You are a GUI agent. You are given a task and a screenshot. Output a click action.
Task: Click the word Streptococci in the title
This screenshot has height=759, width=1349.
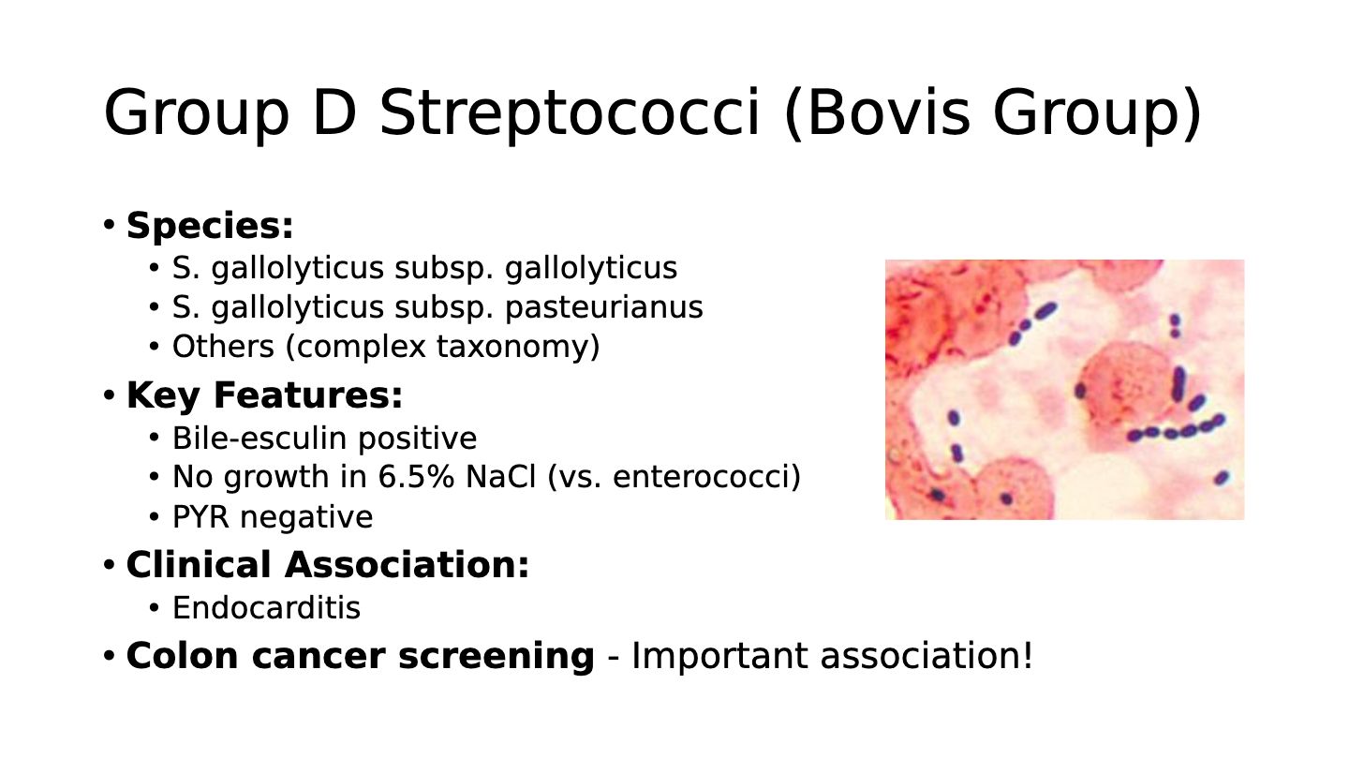pyautogui.click(x=570, y=112)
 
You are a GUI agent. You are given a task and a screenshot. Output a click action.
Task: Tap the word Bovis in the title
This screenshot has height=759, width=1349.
pyautogui.click(x=889, y=112)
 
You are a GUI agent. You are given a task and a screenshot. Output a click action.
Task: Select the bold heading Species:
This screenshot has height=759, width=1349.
pyautogui.click(x=210, y=227)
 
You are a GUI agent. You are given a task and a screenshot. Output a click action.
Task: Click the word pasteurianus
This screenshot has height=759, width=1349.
pyautogui.click(x=604, y=307)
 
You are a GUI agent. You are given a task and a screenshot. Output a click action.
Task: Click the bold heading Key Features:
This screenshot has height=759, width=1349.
pyautogui.click(x=264, y=395)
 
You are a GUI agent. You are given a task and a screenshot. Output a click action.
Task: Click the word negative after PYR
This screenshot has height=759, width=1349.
pyautogui.click(x=306, y=517)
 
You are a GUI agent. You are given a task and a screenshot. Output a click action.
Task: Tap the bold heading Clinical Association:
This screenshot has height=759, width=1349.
pyautogui.click(x=328, y=566)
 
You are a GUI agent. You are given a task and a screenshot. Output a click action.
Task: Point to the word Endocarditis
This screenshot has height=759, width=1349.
pyautogui.click(x=266, y=607)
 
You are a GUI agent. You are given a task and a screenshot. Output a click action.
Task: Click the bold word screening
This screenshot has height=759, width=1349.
pyautogui.click(x=497, y=656)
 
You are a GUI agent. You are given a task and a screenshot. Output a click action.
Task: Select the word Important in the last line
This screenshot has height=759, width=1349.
pyautogui.click(x=719, y=656)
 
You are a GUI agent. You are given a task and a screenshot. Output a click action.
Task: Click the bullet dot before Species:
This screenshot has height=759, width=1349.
pyautogui.click(x=109, y=225)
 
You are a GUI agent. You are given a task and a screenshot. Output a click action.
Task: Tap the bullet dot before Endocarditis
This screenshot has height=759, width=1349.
pyautogui.click(x=155, y=607)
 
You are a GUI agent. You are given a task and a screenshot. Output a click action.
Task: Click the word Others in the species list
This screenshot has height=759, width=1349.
pyautogui.click(x=223, y=347)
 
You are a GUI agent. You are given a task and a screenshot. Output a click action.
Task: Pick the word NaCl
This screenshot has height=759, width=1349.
pyautogui.click(x=500, y=476)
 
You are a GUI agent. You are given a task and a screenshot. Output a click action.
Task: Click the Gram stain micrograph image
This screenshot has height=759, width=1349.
pyautogui.click(x=1064, y=389)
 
